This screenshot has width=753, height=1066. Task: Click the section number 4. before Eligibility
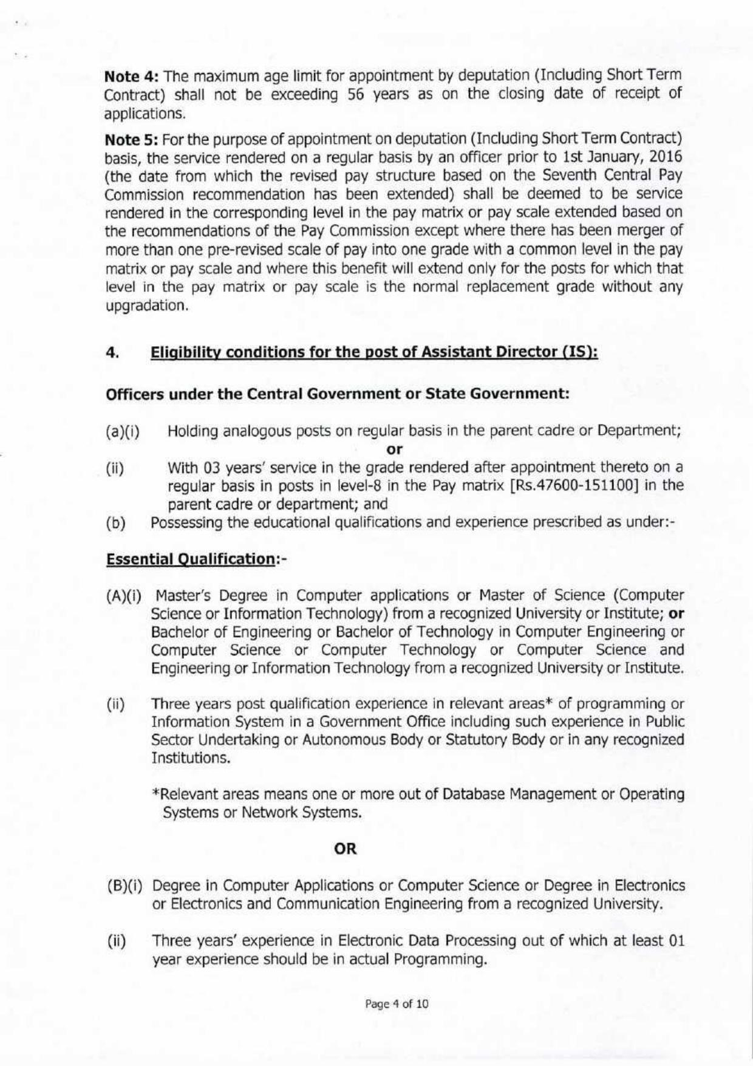(x=112, y=353)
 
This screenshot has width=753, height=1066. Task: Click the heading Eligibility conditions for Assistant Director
(x=374, y=352)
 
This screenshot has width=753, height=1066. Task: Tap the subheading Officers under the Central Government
(x=337, y=393)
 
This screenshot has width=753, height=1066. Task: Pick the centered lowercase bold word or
(x=395, y=449)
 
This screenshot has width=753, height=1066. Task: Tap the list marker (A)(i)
(x=124, y=596)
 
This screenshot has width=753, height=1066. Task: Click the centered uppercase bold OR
(x=346, y=849)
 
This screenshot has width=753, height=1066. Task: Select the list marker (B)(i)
(x=124, y=886)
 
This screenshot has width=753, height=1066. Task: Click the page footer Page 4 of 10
(x=397, y=1004)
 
